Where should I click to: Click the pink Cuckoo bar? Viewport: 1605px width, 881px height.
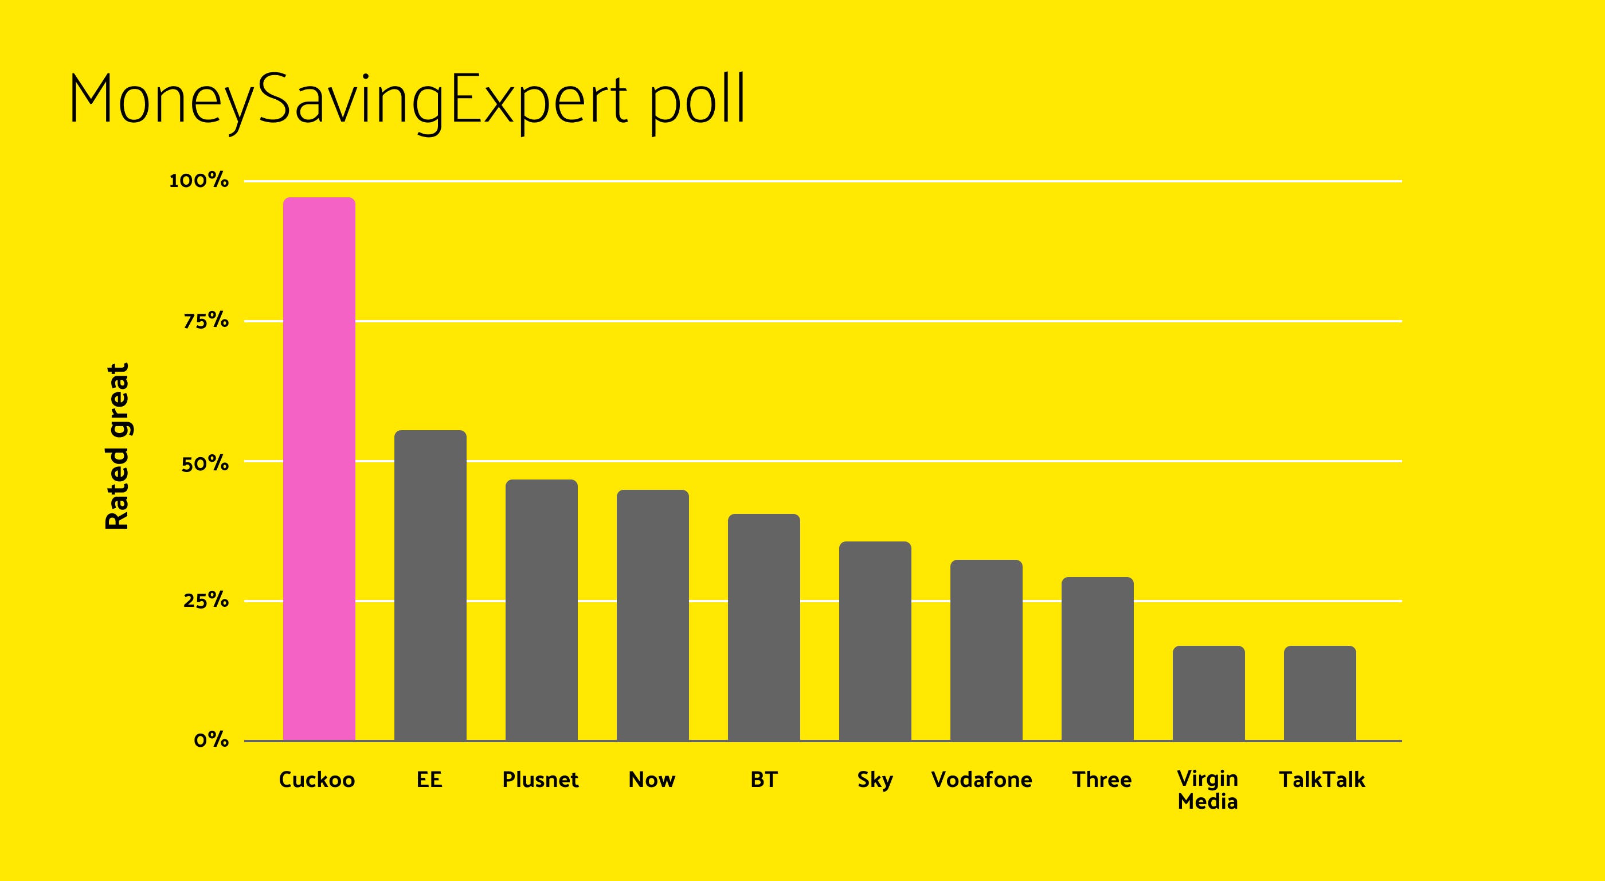click(x=319, y=469)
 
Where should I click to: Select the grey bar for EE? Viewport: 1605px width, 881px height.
click(x=430, y=586)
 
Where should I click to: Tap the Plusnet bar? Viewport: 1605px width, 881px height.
click(x=542, y=610)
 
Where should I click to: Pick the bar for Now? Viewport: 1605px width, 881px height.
click(x=653, y=615)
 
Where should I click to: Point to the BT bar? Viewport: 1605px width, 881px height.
click(x=764, y=627)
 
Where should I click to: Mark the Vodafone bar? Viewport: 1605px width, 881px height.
click(x=987, y=650)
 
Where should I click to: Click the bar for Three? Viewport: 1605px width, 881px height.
click(x=1098, y=659)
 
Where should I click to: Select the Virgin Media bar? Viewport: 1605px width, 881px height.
click(x=1209, y=693)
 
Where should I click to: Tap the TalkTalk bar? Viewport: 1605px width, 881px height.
click(x=1320, y=693)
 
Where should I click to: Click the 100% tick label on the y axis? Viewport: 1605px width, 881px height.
click(x=199, y=181)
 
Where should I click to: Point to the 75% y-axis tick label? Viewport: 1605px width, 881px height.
click(x=206, y=321)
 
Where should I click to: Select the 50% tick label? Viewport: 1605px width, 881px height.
click(x=205, y=464)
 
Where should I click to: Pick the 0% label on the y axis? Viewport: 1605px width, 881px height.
click(x=211, y=740)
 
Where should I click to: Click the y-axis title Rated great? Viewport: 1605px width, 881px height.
click(x=116, y=446)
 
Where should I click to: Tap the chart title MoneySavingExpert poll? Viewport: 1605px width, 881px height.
click(x=407, y=101)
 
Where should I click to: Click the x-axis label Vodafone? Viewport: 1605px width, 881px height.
click(x=981, y=779)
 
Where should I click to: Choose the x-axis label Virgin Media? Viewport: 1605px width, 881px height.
click(x=1208, y=790)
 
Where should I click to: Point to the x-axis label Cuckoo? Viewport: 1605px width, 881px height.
click(x=316, y=779)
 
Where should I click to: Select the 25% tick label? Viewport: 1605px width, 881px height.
click(x=206, y=601)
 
